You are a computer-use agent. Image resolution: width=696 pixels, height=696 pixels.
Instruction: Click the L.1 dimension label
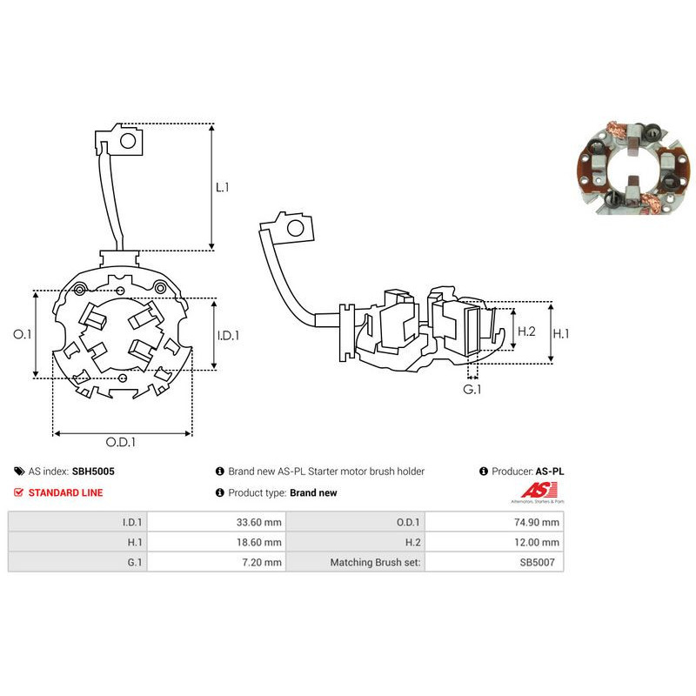pos(223,187)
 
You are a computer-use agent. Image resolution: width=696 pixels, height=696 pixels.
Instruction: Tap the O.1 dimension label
pos(23,334)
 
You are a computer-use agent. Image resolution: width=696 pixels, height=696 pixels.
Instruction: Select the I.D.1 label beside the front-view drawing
pos(228,336)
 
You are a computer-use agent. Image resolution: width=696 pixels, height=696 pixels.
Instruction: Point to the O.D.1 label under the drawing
pos(121,442)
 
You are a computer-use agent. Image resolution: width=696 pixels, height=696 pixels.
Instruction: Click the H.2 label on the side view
pos(526,331)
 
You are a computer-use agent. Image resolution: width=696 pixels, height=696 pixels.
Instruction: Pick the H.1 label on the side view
pos(560,333)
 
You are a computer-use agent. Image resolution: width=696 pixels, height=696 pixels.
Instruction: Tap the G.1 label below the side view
pos(472,389)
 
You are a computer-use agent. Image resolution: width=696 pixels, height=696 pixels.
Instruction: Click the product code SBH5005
pos(93,472)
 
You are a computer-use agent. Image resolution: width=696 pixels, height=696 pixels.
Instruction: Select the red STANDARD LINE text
pos(66,492)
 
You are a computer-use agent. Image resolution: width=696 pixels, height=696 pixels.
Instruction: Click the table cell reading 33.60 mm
pos(217,522)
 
